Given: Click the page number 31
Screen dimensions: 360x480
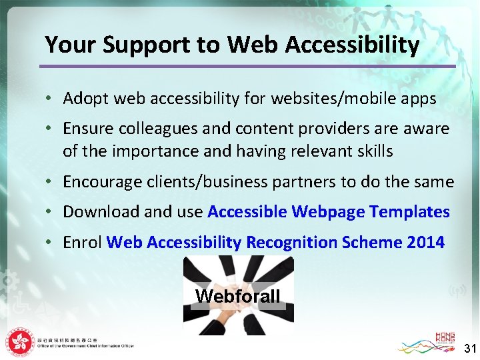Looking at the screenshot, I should pyautogui.click(x=470, y=347).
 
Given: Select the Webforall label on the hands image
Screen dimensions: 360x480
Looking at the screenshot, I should pyautogui.click(x=238, y=296).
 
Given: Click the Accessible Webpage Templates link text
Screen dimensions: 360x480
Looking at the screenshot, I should pyautogui.click(x=329, y=212).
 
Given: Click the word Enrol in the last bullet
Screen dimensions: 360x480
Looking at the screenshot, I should pyautogui.click(x=82, y=242).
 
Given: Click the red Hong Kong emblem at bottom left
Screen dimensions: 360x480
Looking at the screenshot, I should pyautogui.click(x=19, y=341).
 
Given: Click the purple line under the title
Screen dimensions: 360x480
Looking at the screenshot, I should pyautogui.click(x=247, y=66).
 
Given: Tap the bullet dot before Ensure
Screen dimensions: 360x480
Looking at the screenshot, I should pyautogui.click(x=50, y=128).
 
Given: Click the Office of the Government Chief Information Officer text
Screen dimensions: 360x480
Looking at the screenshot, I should pyautogui.click(x=85, y=345).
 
